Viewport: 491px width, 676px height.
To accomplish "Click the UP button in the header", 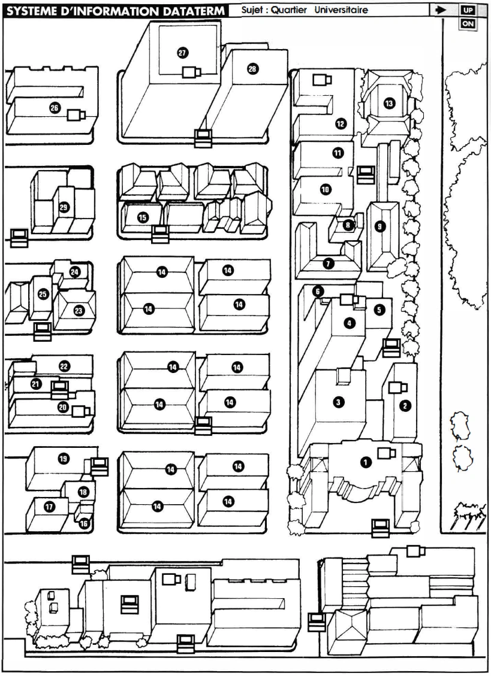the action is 468,10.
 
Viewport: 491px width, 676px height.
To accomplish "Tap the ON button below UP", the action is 468,24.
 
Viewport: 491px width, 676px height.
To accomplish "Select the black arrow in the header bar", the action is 441,10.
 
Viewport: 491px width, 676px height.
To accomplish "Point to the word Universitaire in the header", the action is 341,10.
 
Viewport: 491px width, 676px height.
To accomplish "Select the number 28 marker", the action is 252,68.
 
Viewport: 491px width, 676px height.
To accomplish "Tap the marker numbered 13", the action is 389,104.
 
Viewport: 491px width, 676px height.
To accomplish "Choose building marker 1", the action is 366,463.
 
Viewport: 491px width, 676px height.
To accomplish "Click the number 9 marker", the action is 379,226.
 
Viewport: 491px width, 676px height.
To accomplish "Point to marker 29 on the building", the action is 64,208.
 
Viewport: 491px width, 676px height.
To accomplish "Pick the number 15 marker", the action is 143,218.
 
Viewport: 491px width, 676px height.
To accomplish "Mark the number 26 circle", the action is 55,108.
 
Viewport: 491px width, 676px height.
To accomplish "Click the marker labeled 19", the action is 64,458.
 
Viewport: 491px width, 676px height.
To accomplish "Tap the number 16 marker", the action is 84,523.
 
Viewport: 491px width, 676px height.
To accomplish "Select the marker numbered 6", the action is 318,292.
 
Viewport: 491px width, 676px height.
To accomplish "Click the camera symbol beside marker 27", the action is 191,72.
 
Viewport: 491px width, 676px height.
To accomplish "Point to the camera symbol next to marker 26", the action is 76,115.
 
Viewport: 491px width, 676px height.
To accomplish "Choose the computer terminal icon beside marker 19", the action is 100,466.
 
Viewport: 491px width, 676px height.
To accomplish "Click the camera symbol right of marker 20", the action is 81,411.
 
